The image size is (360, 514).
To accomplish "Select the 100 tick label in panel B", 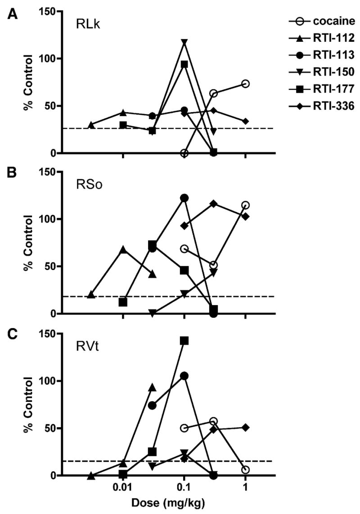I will (50, 219).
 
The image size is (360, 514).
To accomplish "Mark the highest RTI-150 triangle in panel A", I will (184, 42).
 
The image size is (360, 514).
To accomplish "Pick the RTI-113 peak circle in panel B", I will (184, 198).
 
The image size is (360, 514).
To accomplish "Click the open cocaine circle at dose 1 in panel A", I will (245, 84).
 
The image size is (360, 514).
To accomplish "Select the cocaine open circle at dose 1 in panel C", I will (245, 470).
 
